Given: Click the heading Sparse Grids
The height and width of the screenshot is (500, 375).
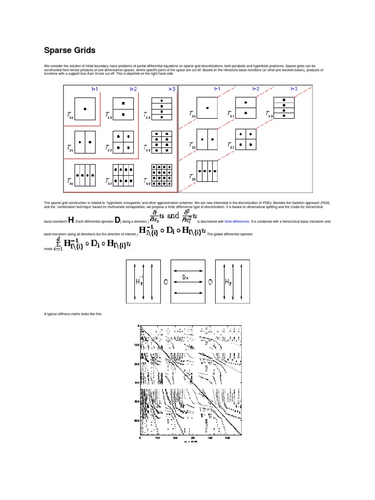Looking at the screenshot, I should pyautogui.click(x=69, y=50).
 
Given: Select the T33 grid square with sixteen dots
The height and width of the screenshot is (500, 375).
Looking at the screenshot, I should pyautogui.click(x=162, y=175).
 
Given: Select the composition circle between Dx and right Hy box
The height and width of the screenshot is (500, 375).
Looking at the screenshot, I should pyautogui.click(x=210, y=281).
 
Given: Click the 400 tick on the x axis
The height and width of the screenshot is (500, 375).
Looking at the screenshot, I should pyautogui.click(x=210, y=438).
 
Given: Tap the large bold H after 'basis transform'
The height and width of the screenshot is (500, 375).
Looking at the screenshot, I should pyautogui.click(x=71, y=220).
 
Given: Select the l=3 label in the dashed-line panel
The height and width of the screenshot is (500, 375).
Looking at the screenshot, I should pyautogui.click(x=294, y=88).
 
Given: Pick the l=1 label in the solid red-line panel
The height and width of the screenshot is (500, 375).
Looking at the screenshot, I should pyautogui.click(x=95, y=89).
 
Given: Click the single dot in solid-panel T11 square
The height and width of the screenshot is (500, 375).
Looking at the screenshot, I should pyautogui.click(x=85, y=108).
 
